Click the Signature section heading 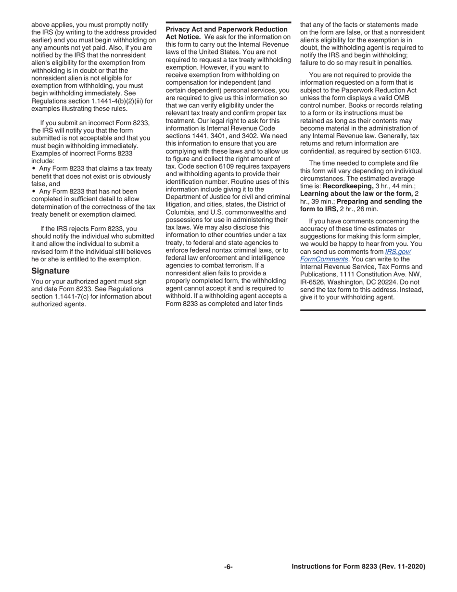coord(51,271)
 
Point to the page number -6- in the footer coord(228,567)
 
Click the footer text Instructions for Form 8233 coord(358,567)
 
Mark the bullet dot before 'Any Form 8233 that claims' coord(34,168)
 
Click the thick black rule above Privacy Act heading coord(228,23)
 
